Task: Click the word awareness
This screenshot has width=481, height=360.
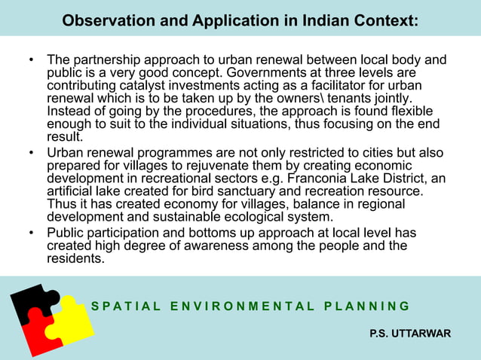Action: tap(211, 245)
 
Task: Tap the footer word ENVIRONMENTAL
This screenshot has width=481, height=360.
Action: tap(242, 307)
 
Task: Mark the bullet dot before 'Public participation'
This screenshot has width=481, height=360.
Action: tap(31, 232)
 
